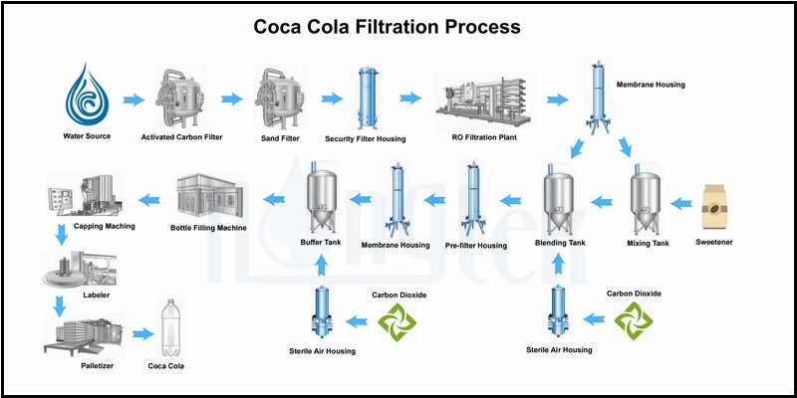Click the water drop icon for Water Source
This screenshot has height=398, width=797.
click(84, 95)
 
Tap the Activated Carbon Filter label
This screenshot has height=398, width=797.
click(183, 136)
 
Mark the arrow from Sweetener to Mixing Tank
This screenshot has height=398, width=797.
click(683, 203)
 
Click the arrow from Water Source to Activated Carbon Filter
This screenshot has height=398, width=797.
click(133, 99)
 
